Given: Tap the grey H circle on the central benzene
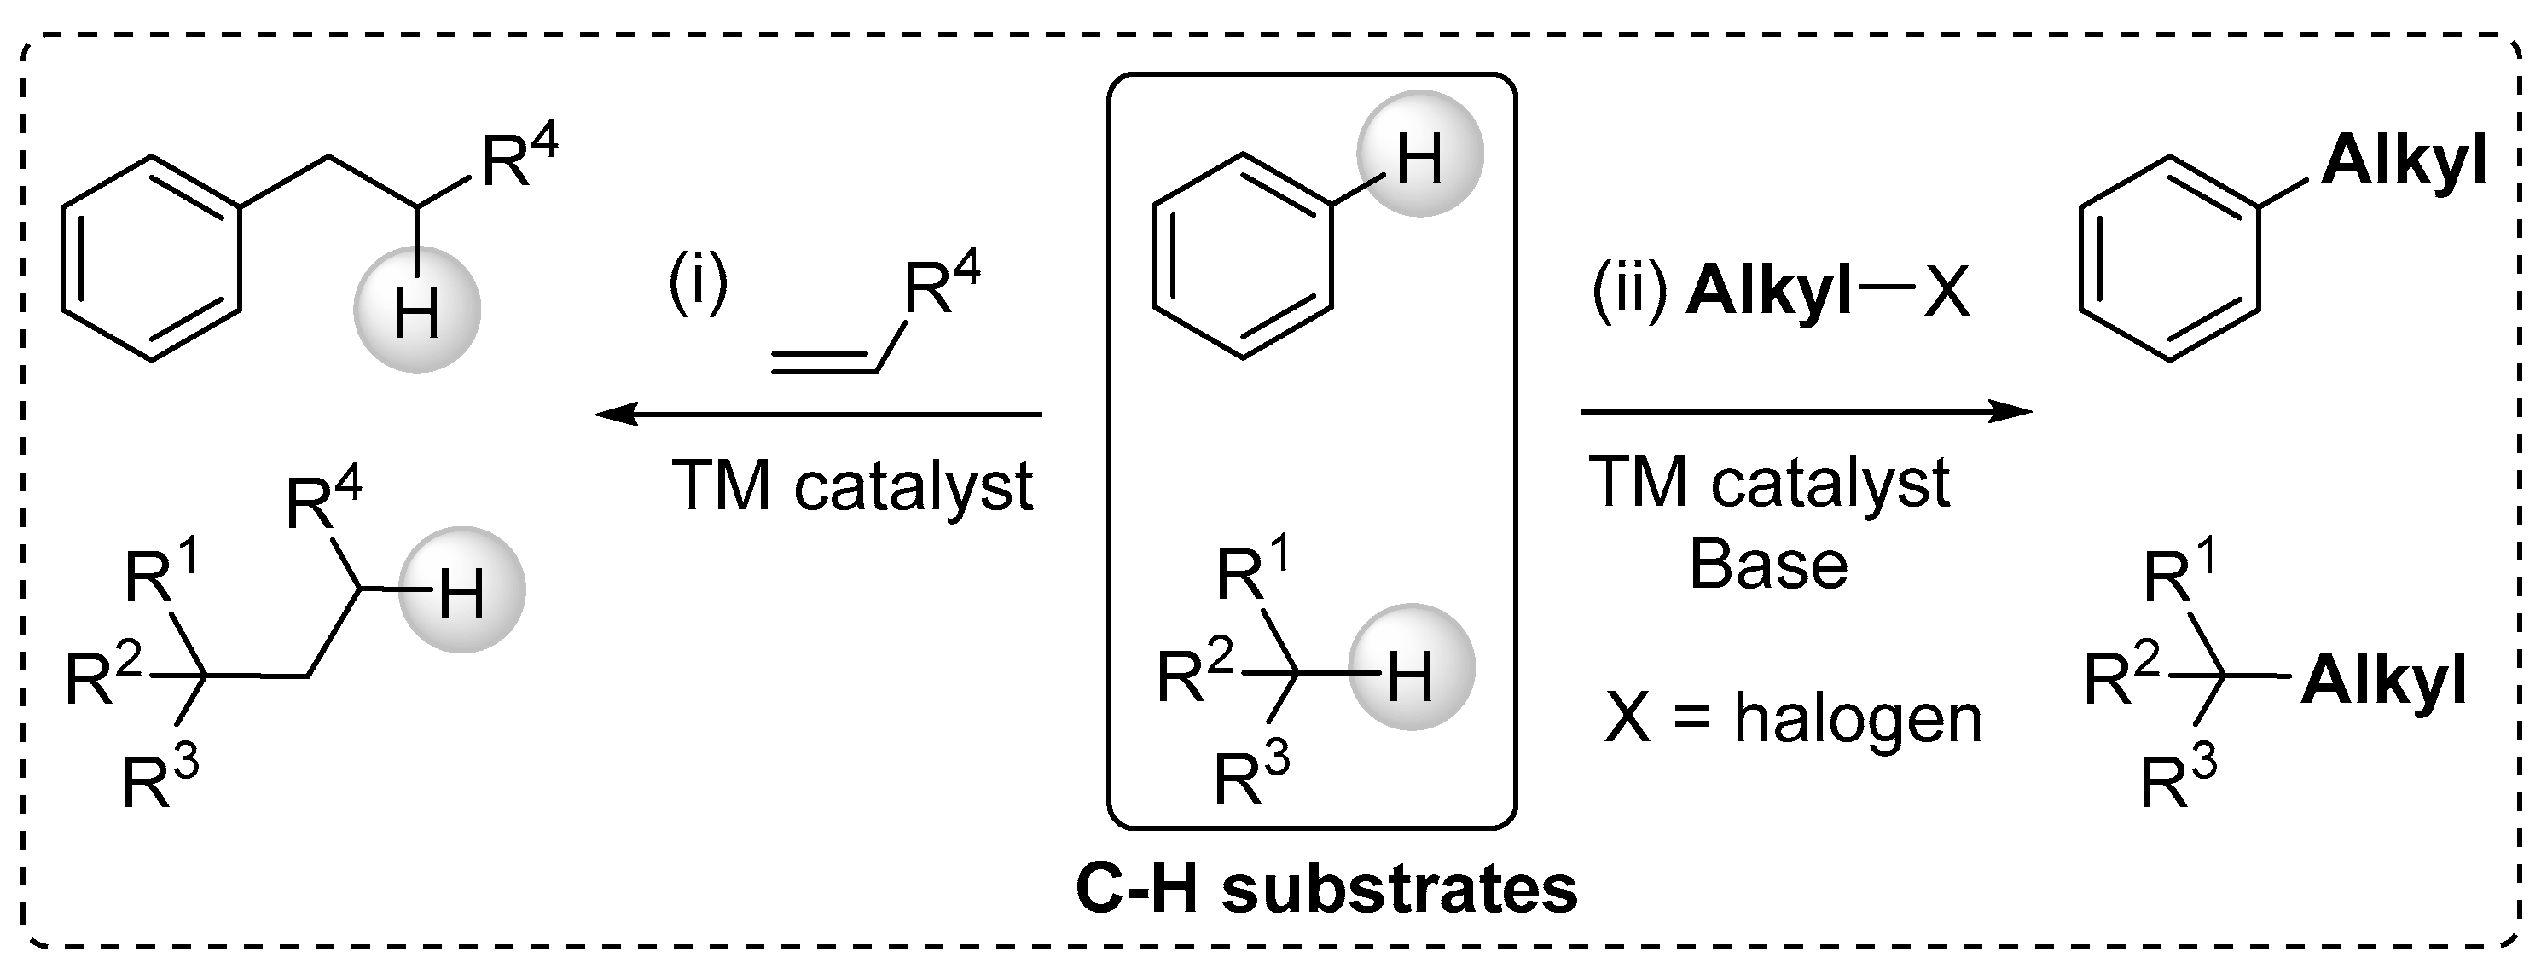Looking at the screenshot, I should pyautogui.click(x=1420, y=154).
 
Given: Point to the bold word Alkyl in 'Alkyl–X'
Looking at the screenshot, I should pyautogui.click(x=1769, y=293).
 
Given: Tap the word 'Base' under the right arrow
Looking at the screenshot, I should pyautogui.click(x=1768, y=566).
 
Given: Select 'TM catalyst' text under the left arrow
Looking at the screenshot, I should pyautogui.click(x=852, y=486).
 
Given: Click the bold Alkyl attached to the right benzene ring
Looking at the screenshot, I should pyautogui.click(x=2404, y=160).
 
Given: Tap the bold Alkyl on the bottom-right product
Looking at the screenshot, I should pyautogui.click(x=2384, y=681).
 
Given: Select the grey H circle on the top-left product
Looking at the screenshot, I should pyautogui.click(x=417, y=309).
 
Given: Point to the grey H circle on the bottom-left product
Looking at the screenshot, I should pyautogui.click(x=461, y=589).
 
